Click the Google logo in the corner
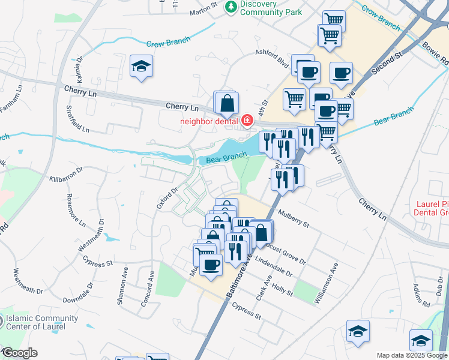coord(19,353)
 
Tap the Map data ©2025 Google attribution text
coord(411,355)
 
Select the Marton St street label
coord(202,11)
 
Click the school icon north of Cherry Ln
coord(142,66)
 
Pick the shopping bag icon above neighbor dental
coord(226,103)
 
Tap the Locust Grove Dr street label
coord(288,255)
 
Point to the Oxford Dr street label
coord(167,199)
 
